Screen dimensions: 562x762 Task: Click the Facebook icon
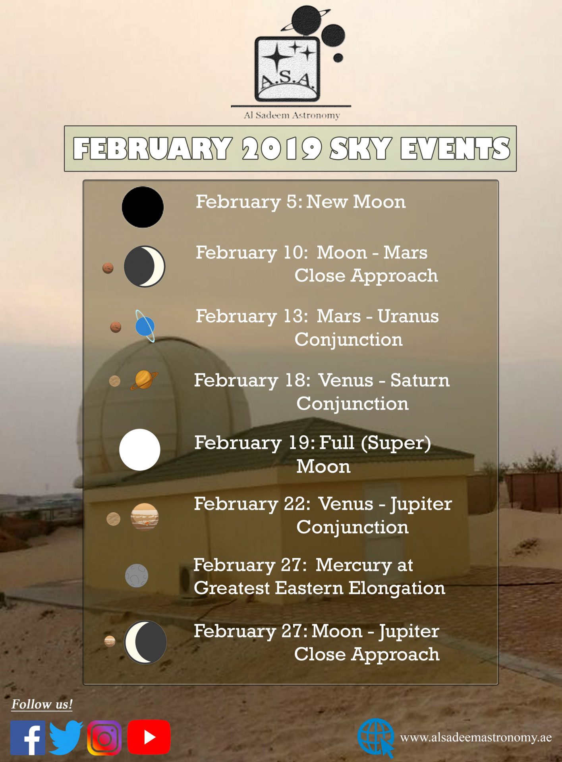coord(27,738)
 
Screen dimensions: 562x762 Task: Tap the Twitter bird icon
coord(66,738)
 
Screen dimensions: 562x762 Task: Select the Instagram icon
coord(104,738)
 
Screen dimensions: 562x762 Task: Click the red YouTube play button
coord(149,737)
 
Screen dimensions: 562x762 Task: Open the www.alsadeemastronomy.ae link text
coord(476,737)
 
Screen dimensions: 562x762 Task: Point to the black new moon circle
coord(143,207)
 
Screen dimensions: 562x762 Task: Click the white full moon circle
coord(140,450)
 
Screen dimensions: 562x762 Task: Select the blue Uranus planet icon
coord(145,326)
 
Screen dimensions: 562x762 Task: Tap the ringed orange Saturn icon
coord(144,380)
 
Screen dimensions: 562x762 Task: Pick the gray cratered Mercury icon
coord(137,575)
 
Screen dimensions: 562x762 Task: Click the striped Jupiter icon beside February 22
coord(145,516)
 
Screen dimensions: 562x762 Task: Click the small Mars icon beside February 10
coord(108,268)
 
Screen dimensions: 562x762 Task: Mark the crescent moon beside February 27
coord(145,642)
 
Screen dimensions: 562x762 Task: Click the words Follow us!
coord(42,704)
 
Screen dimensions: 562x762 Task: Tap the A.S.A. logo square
coord(287,69)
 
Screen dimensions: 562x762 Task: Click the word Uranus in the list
coord(408,316)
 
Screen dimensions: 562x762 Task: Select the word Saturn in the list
coord(420,380)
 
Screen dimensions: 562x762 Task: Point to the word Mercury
coord(354,566)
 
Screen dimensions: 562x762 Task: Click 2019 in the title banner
coord(282,149)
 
